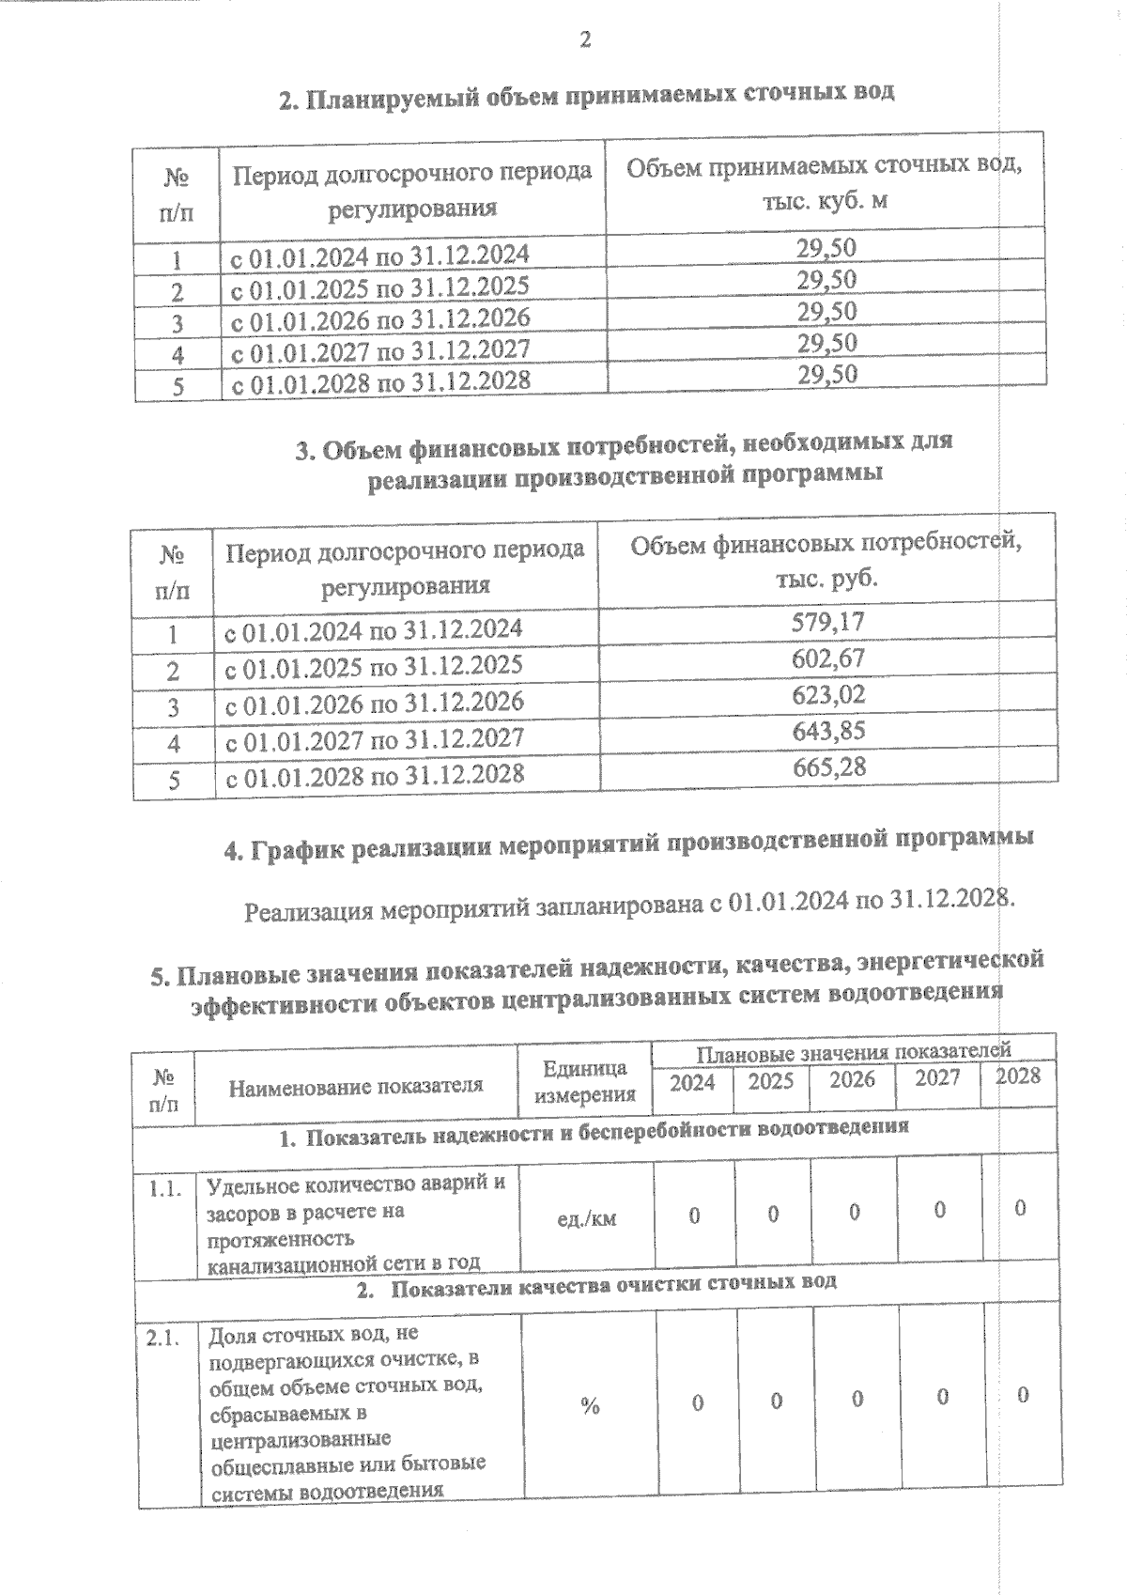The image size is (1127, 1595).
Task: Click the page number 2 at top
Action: [x=585, y=39]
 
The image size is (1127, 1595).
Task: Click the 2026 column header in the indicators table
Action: [x=852, y=1079]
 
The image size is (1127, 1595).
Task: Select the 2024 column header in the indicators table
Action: [x=692, y=1082]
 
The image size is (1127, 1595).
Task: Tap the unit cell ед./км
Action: [x=586, y=1219]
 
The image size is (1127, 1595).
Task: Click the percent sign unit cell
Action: [x=590, y=1406]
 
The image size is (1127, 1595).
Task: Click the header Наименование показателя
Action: [x=356, y=1087]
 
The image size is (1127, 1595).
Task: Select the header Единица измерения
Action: [x=585, y=1081]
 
